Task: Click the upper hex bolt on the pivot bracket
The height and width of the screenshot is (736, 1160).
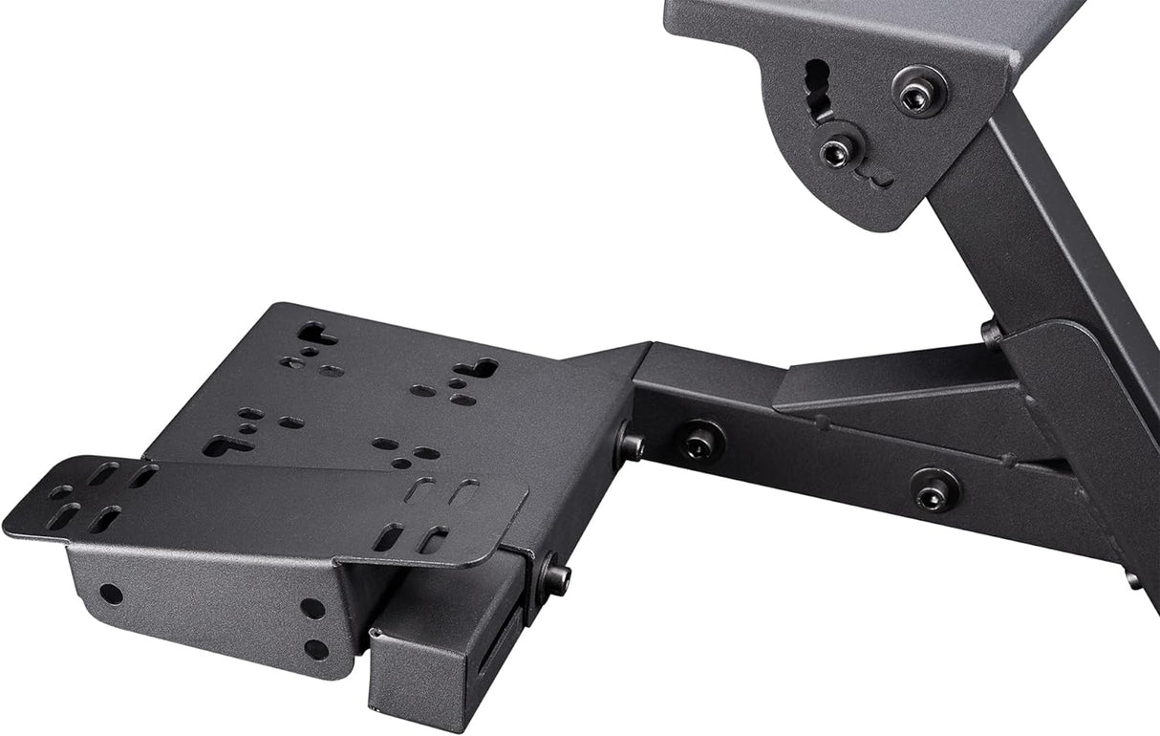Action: [x=919, y=92]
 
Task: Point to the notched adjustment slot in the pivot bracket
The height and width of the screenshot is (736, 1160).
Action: [x=818, y=91]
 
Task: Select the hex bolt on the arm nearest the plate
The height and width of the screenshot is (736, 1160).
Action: [x=700, y=441]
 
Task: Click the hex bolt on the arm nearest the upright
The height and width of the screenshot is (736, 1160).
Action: [x=934, y=489]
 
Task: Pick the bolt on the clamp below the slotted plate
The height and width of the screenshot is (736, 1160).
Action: [x=553, y=576]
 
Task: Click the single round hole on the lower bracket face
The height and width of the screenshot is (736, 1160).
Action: [x=111, y=594]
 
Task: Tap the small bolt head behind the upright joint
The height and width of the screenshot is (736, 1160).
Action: [x=992, y=333]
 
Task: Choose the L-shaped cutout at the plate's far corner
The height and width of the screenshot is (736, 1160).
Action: [x=317, y=334]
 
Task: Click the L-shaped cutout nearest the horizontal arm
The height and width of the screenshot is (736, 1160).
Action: [x=476, y=368]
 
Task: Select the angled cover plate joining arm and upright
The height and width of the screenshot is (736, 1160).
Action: [x=1089, y=421]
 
